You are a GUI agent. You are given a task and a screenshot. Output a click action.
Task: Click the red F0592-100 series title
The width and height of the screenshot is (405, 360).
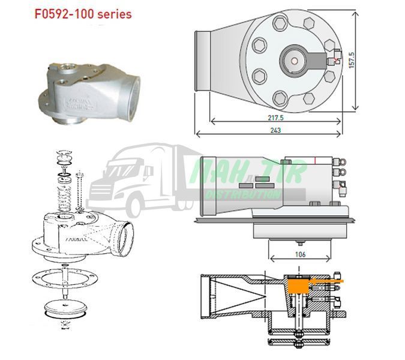(83, 14)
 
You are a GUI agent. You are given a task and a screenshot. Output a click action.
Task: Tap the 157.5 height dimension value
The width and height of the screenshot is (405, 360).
(352, 60)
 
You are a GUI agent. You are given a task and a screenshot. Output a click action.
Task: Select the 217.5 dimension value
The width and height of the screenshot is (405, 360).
(275, 118)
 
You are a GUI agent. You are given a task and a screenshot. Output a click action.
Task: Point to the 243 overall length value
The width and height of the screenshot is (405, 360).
(275, 130)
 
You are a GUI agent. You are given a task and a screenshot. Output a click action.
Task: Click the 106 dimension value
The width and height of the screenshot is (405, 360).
(300, 254)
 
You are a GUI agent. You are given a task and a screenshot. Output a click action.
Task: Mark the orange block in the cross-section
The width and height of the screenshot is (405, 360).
(299, 286)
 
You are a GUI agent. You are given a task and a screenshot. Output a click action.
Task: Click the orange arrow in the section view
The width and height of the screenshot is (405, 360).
(328, 281)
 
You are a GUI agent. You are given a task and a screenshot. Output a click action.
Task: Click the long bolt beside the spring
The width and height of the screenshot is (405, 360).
(80, 190)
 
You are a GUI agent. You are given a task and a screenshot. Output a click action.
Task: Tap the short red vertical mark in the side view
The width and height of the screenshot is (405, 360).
(316, 160)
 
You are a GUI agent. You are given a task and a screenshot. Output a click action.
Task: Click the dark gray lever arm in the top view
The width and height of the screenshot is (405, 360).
(315, 61)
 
